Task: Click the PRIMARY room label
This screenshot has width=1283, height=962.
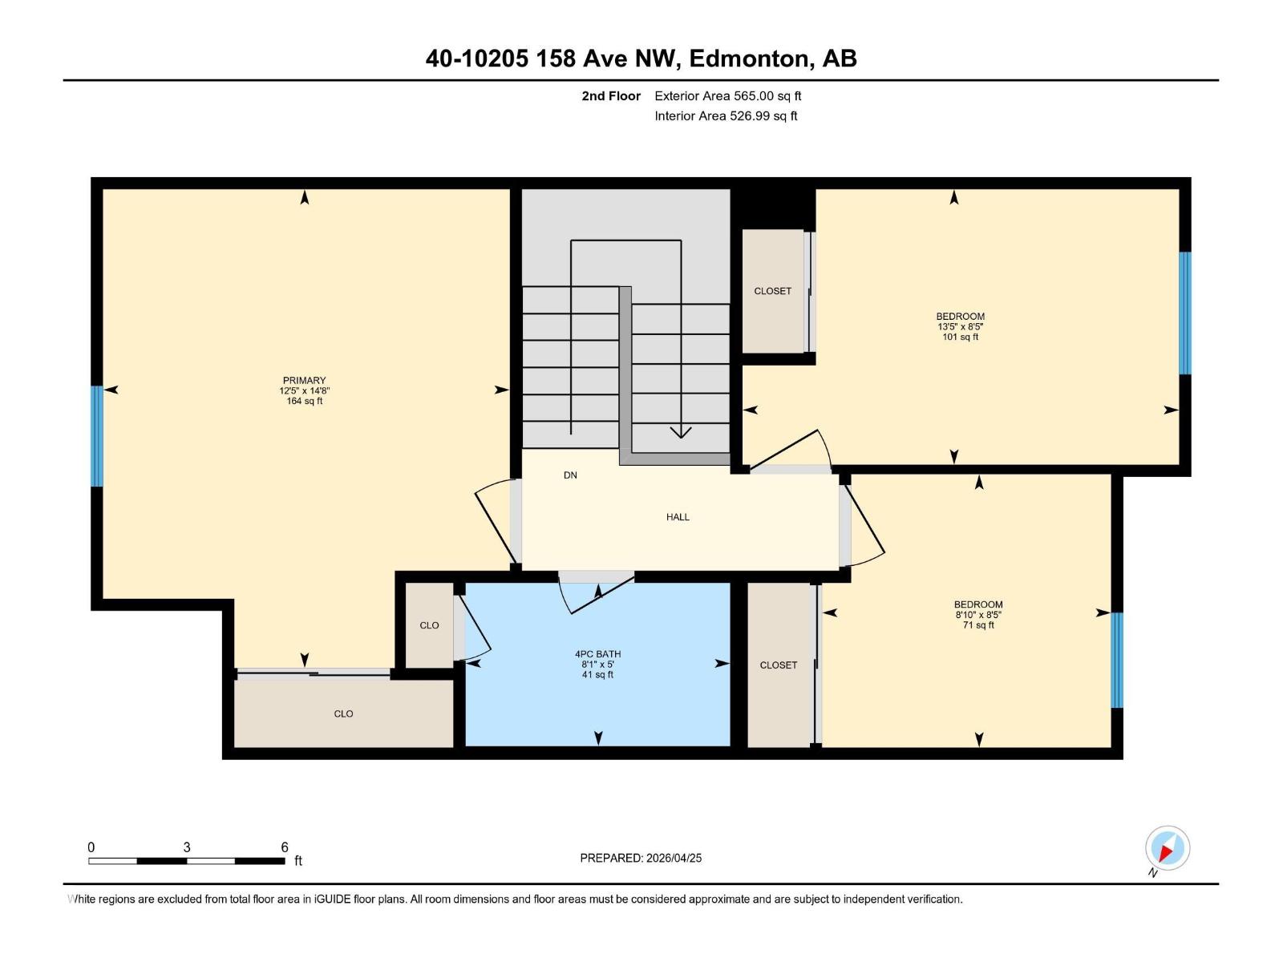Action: point(304,381)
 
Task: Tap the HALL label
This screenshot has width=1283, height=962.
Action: point(678,517)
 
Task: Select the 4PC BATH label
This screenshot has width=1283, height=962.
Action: point(597,654)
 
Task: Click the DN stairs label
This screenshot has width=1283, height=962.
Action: point(570,475)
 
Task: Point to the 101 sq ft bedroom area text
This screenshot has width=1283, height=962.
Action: point(960,338)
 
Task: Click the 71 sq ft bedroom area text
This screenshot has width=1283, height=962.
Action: point(978,625)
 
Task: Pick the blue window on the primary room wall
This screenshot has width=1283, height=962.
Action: point(97,436)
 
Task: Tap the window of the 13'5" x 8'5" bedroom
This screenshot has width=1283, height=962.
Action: point(1184,313)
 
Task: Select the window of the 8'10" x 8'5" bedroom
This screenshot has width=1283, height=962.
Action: point(1116,660)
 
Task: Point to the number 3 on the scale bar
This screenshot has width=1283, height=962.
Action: point(187,847)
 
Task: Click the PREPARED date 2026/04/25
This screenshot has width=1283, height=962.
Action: point(674,858)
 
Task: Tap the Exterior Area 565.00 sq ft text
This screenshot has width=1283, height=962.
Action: point(727,96)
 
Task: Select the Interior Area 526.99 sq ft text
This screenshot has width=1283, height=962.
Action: point(726,116)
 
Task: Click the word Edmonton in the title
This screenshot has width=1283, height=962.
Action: point(748,59)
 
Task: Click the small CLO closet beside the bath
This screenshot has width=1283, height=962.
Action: point(429,625)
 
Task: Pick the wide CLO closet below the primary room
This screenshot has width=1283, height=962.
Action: point(343,713)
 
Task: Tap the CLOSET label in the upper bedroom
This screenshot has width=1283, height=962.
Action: point(772,291)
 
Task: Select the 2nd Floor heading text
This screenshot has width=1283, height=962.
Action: point(611,96)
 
